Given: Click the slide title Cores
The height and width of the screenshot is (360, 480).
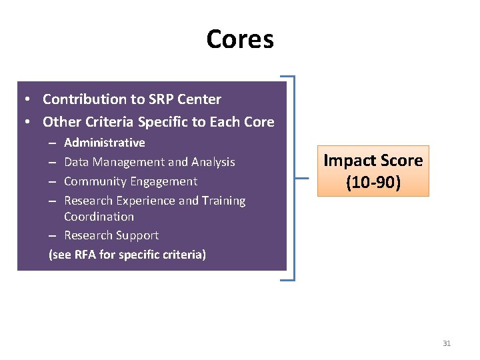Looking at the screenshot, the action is [x=240, y=39].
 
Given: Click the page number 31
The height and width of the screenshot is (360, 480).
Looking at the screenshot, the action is [x=447, y=343].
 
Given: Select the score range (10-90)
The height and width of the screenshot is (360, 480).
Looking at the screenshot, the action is [x=373, y=182].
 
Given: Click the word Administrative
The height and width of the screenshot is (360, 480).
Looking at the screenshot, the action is [x=105, y=143].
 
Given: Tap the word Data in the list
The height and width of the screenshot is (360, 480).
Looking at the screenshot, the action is [x=77, y=162].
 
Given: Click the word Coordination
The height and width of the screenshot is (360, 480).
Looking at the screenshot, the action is [x=99, y=217].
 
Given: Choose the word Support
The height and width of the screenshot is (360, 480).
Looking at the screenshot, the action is [x=137, y=235].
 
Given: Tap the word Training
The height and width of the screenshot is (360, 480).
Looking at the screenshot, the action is [x=223, y=201].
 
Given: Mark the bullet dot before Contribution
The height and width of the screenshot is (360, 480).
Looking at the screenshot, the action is [x=25, y=100].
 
